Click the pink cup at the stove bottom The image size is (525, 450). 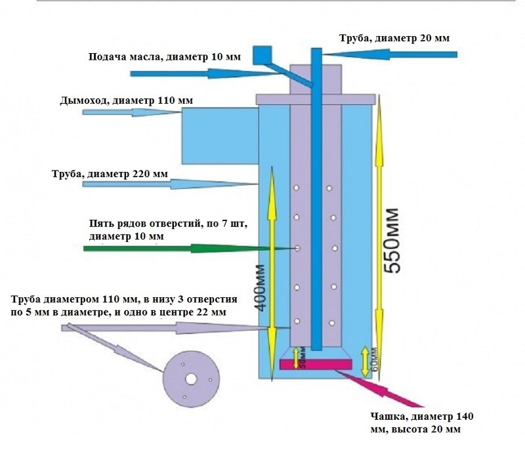point(316,364)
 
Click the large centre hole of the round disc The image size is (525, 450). point(191,379)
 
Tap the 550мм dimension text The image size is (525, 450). point(391,241)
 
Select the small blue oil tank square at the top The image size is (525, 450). point(262,55)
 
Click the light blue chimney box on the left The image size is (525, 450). point(220,136)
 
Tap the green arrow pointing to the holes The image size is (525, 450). point(188,248)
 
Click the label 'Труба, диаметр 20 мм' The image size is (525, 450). point(394,38)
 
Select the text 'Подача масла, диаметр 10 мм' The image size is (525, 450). point(165,56)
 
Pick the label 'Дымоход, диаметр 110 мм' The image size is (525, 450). point(126,100)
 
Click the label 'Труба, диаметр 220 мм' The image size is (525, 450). point(110,174)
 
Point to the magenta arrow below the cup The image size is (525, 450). point(380,389)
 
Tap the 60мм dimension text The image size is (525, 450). point(374,361)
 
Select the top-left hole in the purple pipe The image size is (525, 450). point(297,188)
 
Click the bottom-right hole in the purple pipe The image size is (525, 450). point(331,323)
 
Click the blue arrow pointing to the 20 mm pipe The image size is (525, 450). point(390,54)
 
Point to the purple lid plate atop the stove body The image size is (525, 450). point(316,99)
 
